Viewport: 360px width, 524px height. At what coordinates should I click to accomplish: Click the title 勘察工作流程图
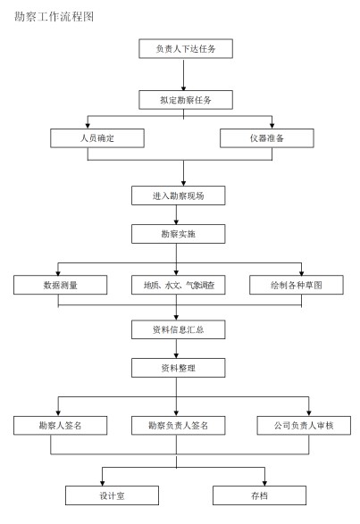(x=54, y=16)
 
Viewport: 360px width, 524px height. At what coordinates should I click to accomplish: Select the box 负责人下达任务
(x=186, y=49)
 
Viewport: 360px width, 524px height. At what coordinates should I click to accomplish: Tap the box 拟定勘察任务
(x=186, y=100)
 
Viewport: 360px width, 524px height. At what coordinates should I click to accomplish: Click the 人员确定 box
(x=97, y=138)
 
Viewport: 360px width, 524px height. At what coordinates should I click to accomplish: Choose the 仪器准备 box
(x=267, y=138)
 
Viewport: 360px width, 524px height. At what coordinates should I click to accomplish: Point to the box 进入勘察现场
(x=179, y=195)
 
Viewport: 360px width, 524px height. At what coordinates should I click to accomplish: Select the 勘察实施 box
(x=179, y=234)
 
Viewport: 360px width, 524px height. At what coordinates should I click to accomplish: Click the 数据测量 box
(x=60, y=285)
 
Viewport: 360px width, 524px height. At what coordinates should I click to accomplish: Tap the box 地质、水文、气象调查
(x=179, y=285)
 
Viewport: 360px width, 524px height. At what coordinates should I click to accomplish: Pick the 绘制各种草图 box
(x=297, y=285)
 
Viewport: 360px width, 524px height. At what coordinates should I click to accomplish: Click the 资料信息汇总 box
(x=179, y=329)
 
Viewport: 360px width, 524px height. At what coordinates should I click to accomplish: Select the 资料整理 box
(x=179, y=368)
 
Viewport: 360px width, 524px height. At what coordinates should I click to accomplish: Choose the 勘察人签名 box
(x=60, y=426)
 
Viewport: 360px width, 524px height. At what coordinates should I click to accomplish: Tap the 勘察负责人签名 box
(x=179, y=426)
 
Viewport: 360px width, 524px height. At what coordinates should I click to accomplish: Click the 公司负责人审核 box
(x=304, y=426)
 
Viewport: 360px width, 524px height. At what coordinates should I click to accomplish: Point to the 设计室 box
(x=112, y=495)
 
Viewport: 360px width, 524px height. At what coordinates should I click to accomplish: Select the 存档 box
(x=259, y=495)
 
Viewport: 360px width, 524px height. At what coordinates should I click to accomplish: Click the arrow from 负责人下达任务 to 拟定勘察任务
(x=183, y=74)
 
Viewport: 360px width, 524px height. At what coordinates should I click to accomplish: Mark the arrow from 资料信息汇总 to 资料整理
(x=176, y=349)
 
